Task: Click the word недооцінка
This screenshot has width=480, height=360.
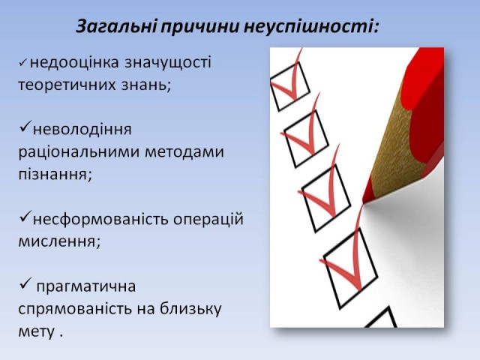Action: coord(74,62)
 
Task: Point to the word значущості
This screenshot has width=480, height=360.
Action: coord(168,63)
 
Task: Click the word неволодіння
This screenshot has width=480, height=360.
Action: coord(82,130)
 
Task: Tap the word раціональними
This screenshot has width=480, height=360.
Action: coord(79,151)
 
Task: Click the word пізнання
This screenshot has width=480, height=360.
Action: coord(53,175)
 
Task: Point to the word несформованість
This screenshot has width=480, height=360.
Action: coord(100,219)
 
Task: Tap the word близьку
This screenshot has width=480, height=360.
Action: coord(190,308)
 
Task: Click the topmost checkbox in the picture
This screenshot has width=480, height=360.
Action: coord(290,87)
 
